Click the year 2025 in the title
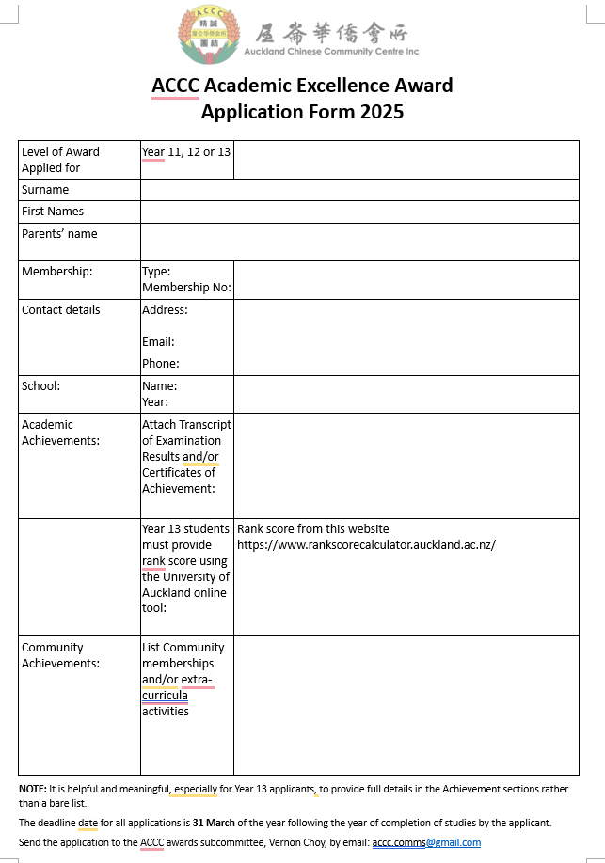[381, 112]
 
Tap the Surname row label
[45, 190]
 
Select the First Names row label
[53, 212]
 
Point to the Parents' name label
[59, 234]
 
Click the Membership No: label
[186, 288]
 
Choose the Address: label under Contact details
[165, 310]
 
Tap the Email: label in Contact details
[158, 342]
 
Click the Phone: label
[161, 364]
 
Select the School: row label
[40, 385]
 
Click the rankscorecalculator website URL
[366, 545]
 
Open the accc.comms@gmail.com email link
[426, 843]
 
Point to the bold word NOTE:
[33, 789]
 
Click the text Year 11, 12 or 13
[186, 152]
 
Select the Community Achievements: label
[60, 655]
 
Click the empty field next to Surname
[359, 190]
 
